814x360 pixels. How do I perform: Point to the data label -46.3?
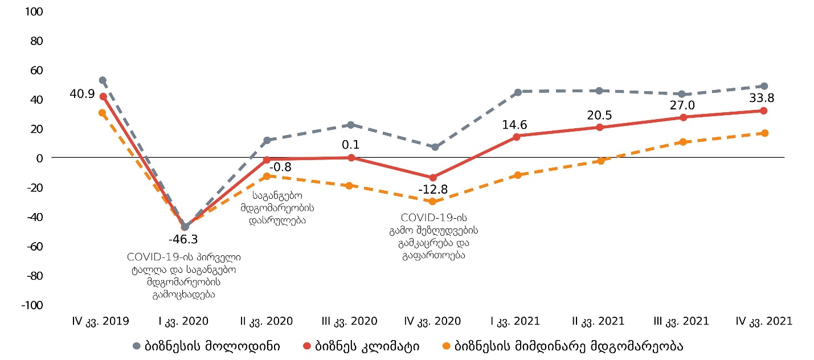[x=187, y=239]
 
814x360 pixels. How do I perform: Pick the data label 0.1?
[x=351, y=145]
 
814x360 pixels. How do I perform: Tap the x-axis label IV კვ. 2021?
[x=764, y=321]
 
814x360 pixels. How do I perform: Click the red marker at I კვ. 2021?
[x=516, y=137]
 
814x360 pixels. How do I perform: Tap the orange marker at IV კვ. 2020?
[x=433, y=202]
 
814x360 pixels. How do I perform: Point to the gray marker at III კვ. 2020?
[x=351, y=125]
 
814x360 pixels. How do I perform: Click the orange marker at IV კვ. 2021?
[x=764, y=133]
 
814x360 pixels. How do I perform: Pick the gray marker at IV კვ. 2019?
[x=103, y=80]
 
